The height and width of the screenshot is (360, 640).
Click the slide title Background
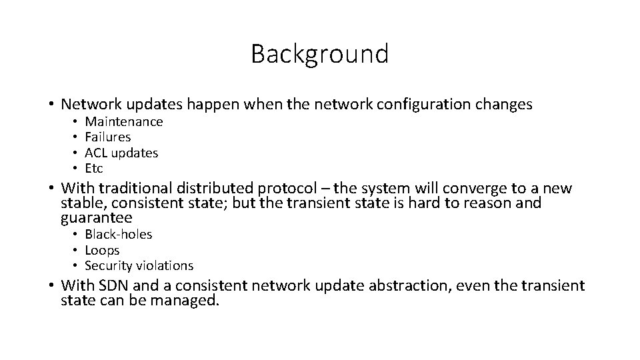pos(319,54)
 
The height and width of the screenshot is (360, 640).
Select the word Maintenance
pos(124,121)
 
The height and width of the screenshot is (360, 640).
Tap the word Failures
pos(108,137)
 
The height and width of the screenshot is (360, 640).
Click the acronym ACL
pos(97,153)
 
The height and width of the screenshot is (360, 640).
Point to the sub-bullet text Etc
pos(94,168)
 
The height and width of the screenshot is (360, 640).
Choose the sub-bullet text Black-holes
pos(119,234)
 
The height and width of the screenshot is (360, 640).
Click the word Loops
pos(102,250)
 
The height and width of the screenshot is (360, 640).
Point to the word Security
pos(108,265)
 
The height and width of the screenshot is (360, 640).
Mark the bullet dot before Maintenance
pos(77,121)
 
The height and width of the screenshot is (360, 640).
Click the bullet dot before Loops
pos(77,250)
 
